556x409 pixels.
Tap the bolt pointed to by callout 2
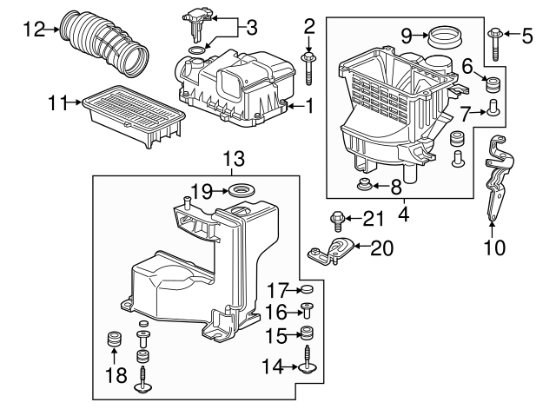[309, 69]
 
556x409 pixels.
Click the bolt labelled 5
[494, 45]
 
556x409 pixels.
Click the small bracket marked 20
[330, 252]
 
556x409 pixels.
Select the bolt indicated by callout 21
[336, 221]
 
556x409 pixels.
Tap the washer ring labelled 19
[242, 191]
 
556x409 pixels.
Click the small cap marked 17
[308, 289]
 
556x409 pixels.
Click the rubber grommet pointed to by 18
[114, 339]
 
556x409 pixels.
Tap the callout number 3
[251, 28]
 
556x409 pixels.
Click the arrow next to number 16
[293, 313]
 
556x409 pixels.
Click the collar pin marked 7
[493, 108]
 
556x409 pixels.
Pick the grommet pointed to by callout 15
[308, 333]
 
